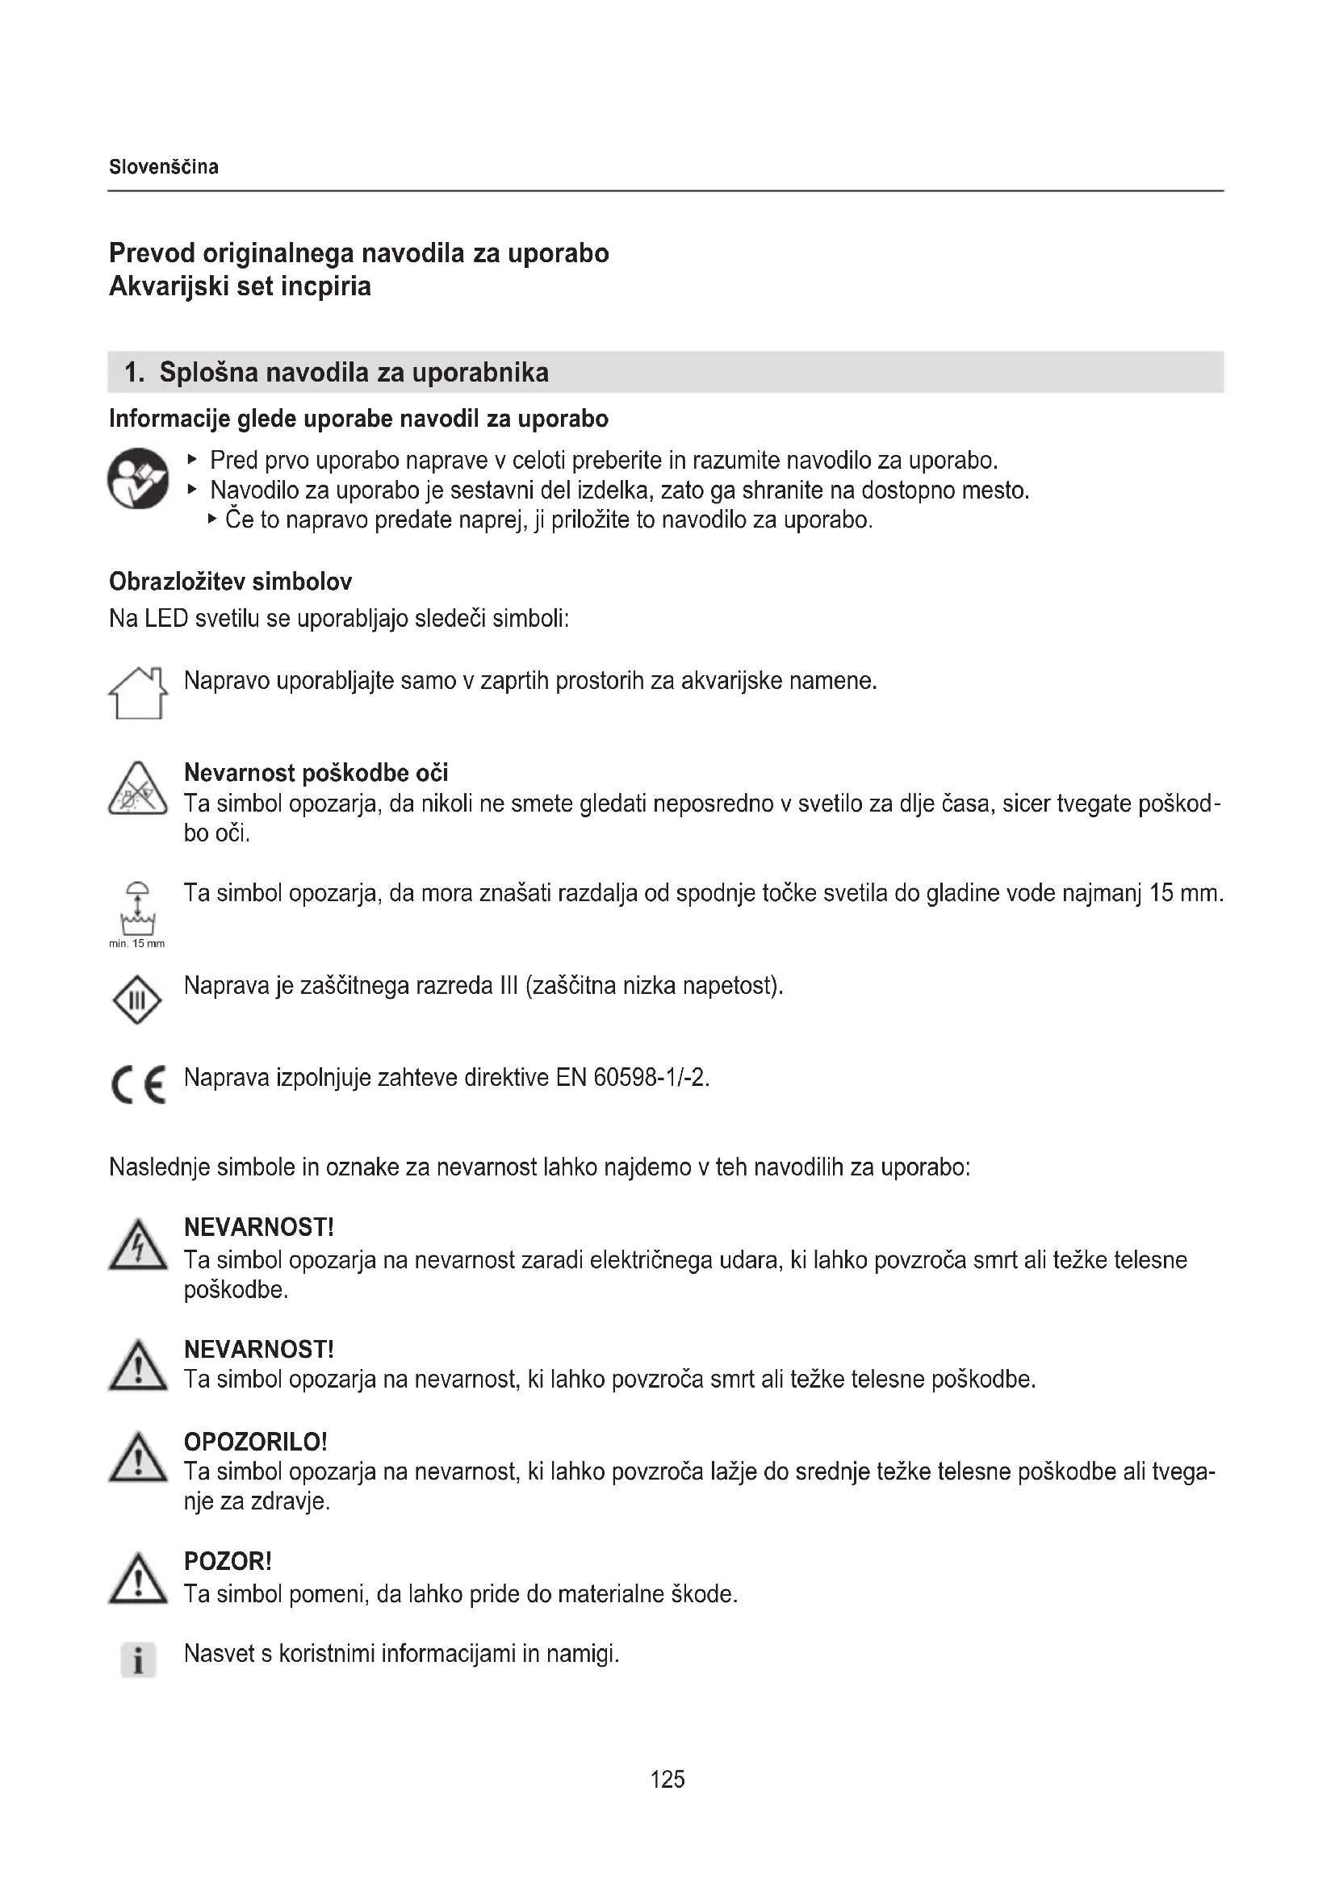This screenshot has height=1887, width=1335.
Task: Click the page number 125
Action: point(667,1780)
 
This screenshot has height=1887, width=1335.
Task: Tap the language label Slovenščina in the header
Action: point(164,167)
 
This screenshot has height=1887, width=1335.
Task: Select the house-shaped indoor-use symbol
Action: point(137,693)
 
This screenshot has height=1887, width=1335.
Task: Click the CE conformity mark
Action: point(138,1084)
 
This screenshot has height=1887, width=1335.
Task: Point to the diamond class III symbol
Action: point(136,1000)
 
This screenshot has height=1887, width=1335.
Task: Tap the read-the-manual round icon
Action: point(138,478)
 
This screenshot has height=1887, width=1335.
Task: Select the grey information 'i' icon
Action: point(138,1659)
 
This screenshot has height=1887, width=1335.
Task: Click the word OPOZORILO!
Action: point(256,1442)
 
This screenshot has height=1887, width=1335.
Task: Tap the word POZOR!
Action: point(228,1561)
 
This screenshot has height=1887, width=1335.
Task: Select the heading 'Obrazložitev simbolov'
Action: point(230,582)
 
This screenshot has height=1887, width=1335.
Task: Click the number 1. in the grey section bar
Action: point(134,372)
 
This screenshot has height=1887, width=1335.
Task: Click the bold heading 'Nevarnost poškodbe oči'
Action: point(316,773)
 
